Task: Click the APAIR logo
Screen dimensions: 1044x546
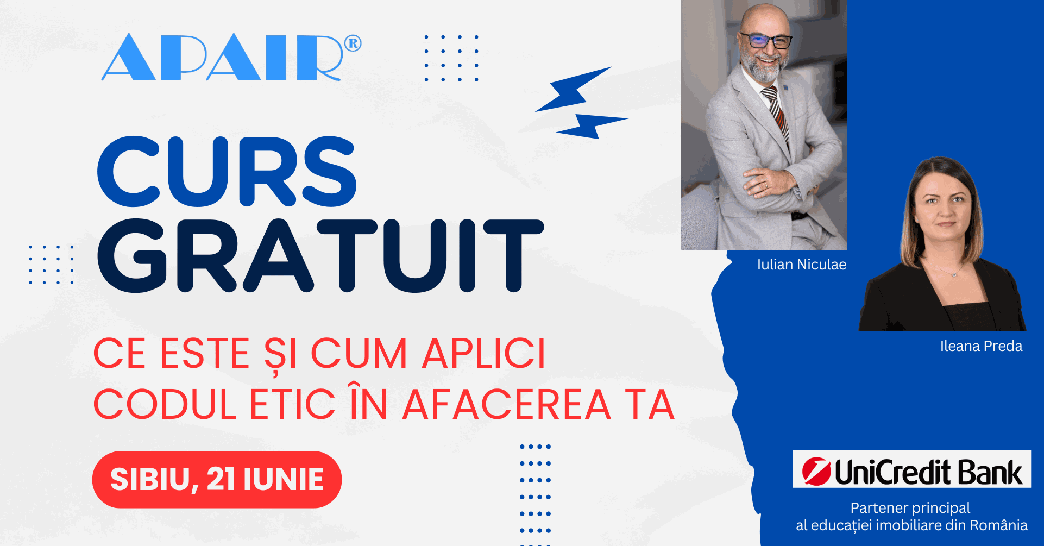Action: [231, 57]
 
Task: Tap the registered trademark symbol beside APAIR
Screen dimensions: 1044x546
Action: [353, 43]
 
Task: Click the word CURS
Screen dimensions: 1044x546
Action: [227, 171]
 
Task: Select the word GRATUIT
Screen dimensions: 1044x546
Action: [320, 255]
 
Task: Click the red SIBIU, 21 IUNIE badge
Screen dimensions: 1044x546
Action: [217, 479]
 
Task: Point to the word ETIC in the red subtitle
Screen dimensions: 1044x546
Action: [292, 405]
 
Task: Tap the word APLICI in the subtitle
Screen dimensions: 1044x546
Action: [484, 354]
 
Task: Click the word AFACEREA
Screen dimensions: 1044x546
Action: [507, 405]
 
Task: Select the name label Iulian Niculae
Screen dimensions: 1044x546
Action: [802, 265]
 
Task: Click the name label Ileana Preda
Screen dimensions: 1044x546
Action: [981, 346]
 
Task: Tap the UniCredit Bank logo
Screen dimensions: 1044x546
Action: [911, 469]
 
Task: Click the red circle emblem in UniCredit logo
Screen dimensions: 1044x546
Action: [816, 470]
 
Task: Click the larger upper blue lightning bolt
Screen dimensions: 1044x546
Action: [573, 89]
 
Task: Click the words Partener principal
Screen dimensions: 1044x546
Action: [910, 508]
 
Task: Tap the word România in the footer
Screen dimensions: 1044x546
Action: [998, 525]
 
